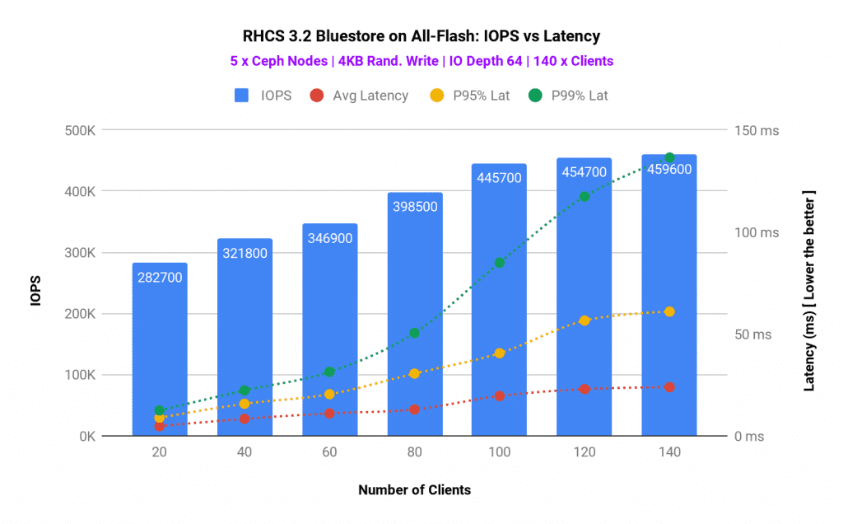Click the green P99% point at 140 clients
click(x=669, y=157)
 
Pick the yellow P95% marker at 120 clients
click(x=585, y=320)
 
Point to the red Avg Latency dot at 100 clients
click(x=499, y=396)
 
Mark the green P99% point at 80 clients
click(x=414, y=333)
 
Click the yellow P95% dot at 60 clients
click(x=329, y=394)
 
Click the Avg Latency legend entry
click(x=359, y=96)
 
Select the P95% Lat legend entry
click(x=471, y=96)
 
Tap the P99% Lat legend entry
click(x=569, y=96)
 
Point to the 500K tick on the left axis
click(x=82, y=130)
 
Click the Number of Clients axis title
click(x=414, y=489)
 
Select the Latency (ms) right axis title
click(x=808, y=289)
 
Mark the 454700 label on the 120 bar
click(x=585, y=172)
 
